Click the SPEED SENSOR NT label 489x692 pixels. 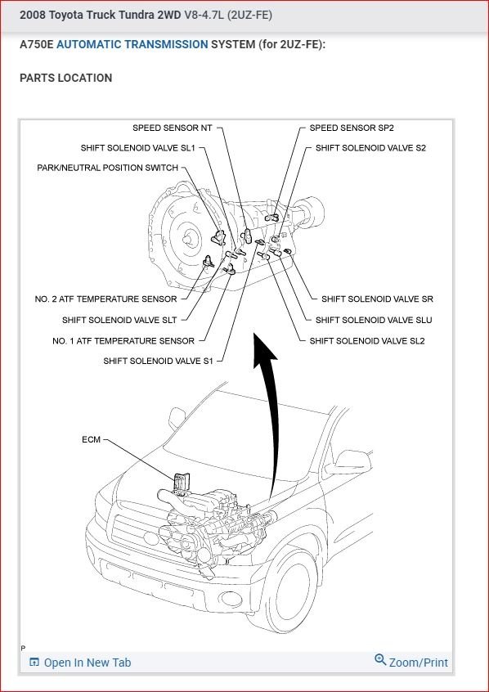pyautogui.click(x=172, y=128)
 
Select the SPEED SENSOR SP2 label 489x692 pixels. pyautogui.click(x=352, y=128)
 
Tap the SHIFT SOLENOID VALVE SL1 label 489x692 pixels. pyautogui.click(x=137, y=148)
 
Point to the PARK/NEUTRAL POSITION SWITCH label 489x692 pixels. pyautogui.click(x=108, y=168)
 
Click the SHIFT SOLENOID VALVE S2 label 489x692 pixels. pyautogui.click(x=370, y=148)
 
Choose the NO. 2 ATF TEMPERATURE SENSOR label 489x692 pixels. pyautogui.click(x=106, y=299)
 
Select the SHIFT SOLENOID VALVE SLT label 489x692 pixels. pyautogui.click(x=119, y=320)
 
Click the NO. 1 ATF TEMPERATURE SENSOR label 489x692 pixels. pyautogui.click(x=123, y=341)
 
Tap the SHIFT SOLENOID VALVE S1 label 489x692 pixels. pyautogui.click(x=158, y=361)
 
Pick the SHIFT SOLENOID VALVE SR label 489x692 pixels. pyautogui.click(x=377, y=299)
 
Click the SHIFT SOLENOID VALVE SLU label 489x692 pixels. pyautogui.click(x=374, y=320)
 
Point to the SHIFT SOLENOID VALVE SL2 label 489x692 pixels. pyautogui.click(x=367, y=341)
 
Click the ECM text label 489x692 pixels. pyautogui.click(x=92, y=439)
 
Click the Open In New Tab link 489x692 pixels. pyautogui.click(x=80, y=663)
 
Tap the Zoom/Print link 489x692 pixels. pyautogui.click(x=411, y=662)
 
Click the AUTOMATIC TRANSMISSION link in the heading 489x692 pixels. pyautogui.click(x=132, y=44)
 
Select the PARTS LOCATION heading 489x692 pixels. pyautogui.click(x=65, y=78)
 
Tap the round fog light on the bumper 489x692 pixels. pyautogui.click(x=231, y=599)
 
